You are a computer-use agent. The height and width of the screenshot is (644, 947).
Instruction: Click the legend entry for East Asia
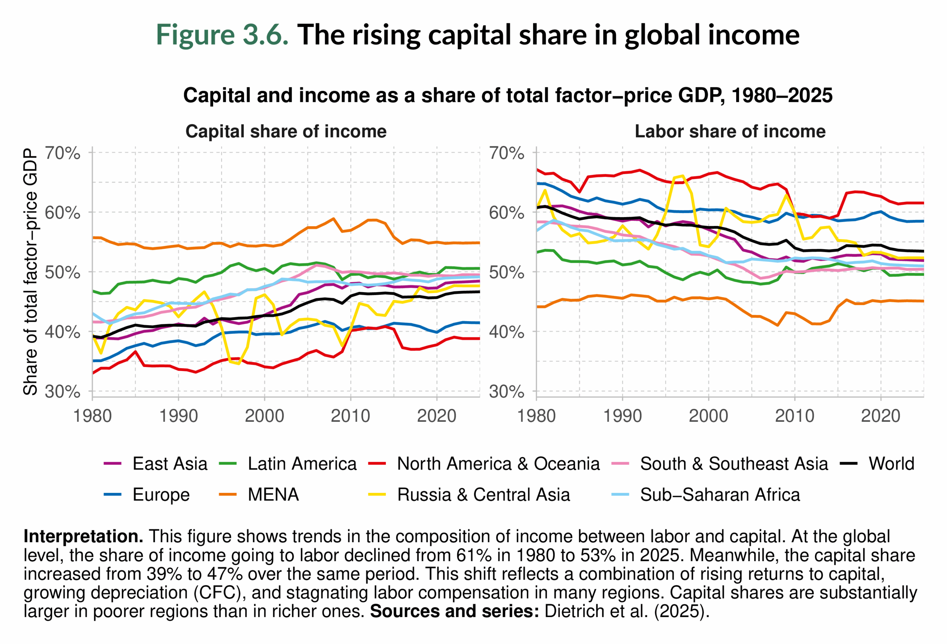pos(169,464)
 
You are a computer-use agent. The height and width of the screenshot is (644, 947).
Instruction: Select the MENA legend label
pos(273,495)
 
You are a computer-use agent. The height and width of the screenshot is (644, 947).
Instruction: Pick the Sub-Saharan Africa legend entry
pos(719,495)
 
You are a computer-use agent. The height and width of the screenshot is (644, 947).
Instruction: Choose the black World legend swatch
pos(849,464)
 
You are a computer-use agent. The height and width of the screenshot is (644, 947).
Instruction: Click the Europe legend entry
pos(161,495)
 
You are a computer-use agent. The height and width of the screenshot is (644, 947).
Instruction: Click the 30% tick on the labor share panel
pos(506,391)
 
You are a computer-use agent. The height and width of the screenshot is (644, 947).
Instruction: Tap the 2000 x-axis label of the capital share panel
pos(264,416)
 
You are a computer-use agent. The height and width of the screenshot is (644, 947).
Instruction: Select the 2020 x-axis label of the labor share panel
pos(880,416)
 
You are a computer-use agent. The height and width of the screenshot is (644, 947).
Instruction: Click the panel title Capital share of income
pos(286,131)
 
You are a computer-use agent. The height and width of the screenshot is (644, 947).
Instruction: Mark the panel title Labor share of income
pos(730,131)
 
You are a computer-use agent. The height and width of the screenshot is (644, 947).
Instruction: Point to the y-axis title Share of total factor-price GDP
pos(31,272)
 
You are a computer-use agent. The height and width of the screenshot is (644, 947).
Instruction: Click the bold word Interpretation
pos(83,536)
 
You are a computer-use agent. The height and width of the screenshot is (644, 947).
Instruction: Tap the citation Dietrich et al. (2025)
pos(627,611)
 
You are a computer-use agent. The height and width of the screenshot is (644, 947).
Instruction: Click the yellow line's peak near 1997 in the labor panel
pos(683,176)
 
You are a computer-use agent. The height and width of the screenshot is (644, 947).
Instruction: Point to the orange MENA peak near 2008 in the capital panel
pos(333,218)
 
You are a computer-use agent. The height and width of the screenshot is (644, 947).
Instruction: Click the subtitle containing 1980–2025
pos(508,96)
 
